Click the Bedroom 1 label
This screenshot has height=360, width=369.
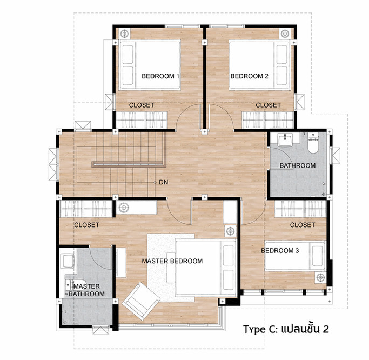[x=160, y=76]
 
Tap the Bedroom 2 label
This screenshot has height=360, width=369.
[x=250, y=76]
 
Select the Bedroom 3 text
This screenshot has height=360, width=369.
[x=280, y=250]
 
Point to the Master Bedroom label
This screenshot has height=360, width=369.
[x=172, y=261]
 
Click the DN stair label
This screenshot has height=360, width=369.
[x=164, y=182]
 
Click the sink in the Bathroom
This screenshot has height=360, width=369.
[x=285, y=139]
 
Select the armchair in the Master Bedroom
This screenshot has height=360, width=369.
[x=141, y=301]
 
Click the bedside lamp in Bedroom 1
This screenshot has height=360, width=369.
[x=124, y=34]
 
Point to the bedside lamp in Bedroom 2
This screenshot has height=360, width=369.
[x=285, y=34]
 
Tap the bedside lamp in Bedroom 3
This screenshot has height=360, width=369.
[x=320, y=278]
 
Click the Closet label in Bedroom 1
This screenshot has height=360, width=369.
[x=142, y=105]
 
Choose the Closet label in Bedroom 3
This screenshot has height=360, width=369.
[x=303, y=225]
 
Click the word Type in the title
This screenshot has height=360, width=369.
[x=254, y=329]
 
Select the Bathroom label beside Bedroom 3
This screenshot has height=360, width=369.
[x=298, y=165]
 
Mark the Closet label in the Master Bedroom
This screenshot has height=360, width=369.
[x=86, y=225]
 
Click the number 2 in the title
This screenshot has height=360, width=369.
[x=325, y=329]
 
